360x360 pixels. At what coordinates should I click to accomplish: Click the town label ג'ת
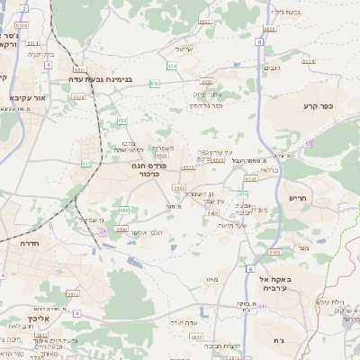(278, 341)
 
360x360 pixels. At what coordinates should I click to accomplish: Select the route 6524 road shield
(309, 60)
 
